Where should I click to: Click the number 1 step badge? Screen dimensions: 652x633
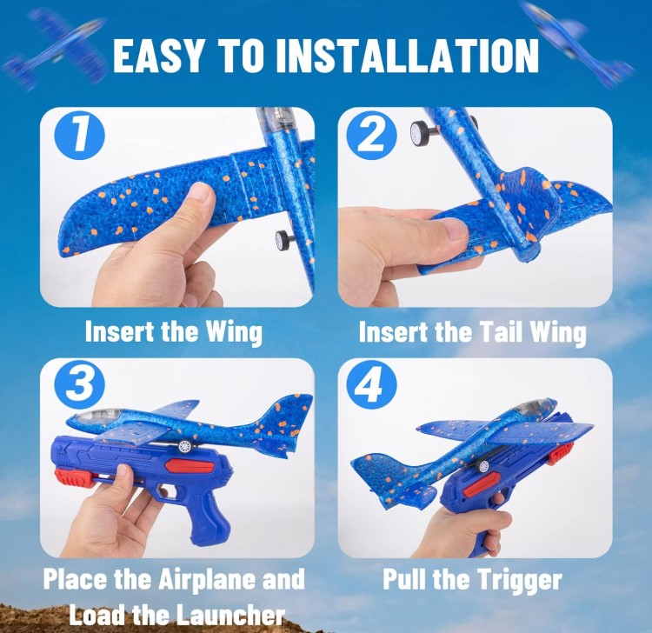coord(79,135)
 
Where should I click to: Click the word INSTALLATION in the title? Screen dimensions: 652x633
coord(408,56)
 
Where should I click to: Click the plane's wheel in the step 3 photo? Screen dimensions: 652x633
coord(185,446)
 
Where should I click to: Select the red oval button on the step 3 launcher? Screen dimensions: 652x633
coord(181,465)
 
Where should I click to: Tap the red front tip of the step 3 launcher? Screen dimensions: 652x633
coord(69,477)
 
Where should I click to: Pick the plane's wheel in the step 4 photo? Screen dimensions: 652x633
coord(483,466)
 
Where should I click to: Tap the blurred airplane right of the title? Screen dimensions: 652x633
coord(579,43)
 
